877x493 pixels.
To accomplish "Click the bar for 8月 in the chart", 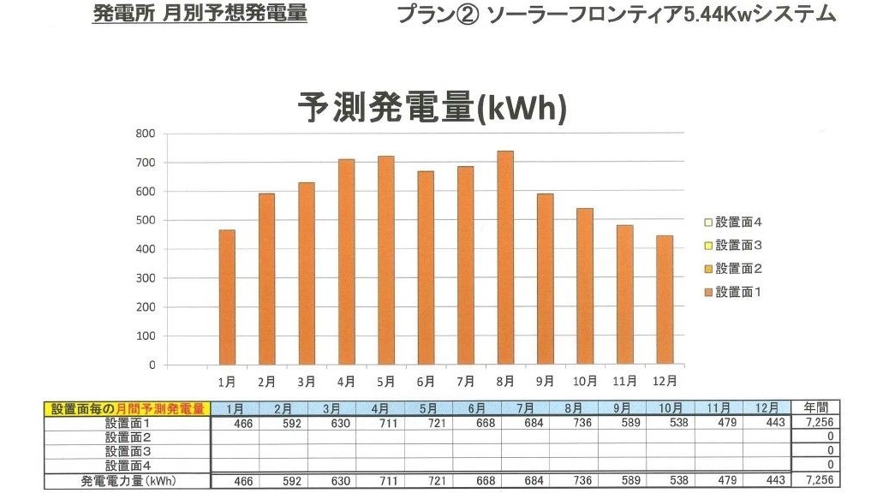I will (505, 258).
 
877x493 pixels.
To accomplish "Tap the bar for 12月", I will (665, 300).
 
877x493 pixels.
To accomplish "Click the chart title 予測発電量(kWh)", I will (432, 109).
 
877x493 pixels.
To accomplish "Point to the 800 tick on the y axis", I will (145, 134).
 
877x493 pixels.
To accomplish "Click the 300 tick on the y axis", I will (145, 278).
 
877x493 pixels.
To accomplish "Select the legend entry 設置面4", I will (738, 223).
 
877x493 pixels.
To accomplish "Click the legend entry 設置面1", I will (738, 292).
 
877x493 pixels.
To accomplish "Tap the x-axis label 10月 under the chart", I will (585, 381).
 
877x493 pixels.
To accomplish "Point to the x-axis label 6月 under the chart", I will (426, 381).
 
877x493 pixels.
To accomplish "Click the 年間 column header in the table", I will (816, 407).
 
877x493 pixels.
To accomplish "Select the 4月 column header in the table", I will (381, 408).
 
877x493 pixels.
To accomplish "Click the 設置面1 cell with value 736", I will (574, 423).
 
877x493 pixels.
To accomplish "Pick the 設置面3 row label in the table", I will (128, 451).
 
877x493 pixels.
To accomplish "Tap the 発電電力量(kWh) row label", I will (128, 481).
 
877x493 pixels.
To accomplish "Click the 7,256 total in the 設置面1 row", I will (818, 423).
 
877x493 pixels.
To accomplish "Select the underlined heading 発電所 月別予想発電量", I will (200, 15).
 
